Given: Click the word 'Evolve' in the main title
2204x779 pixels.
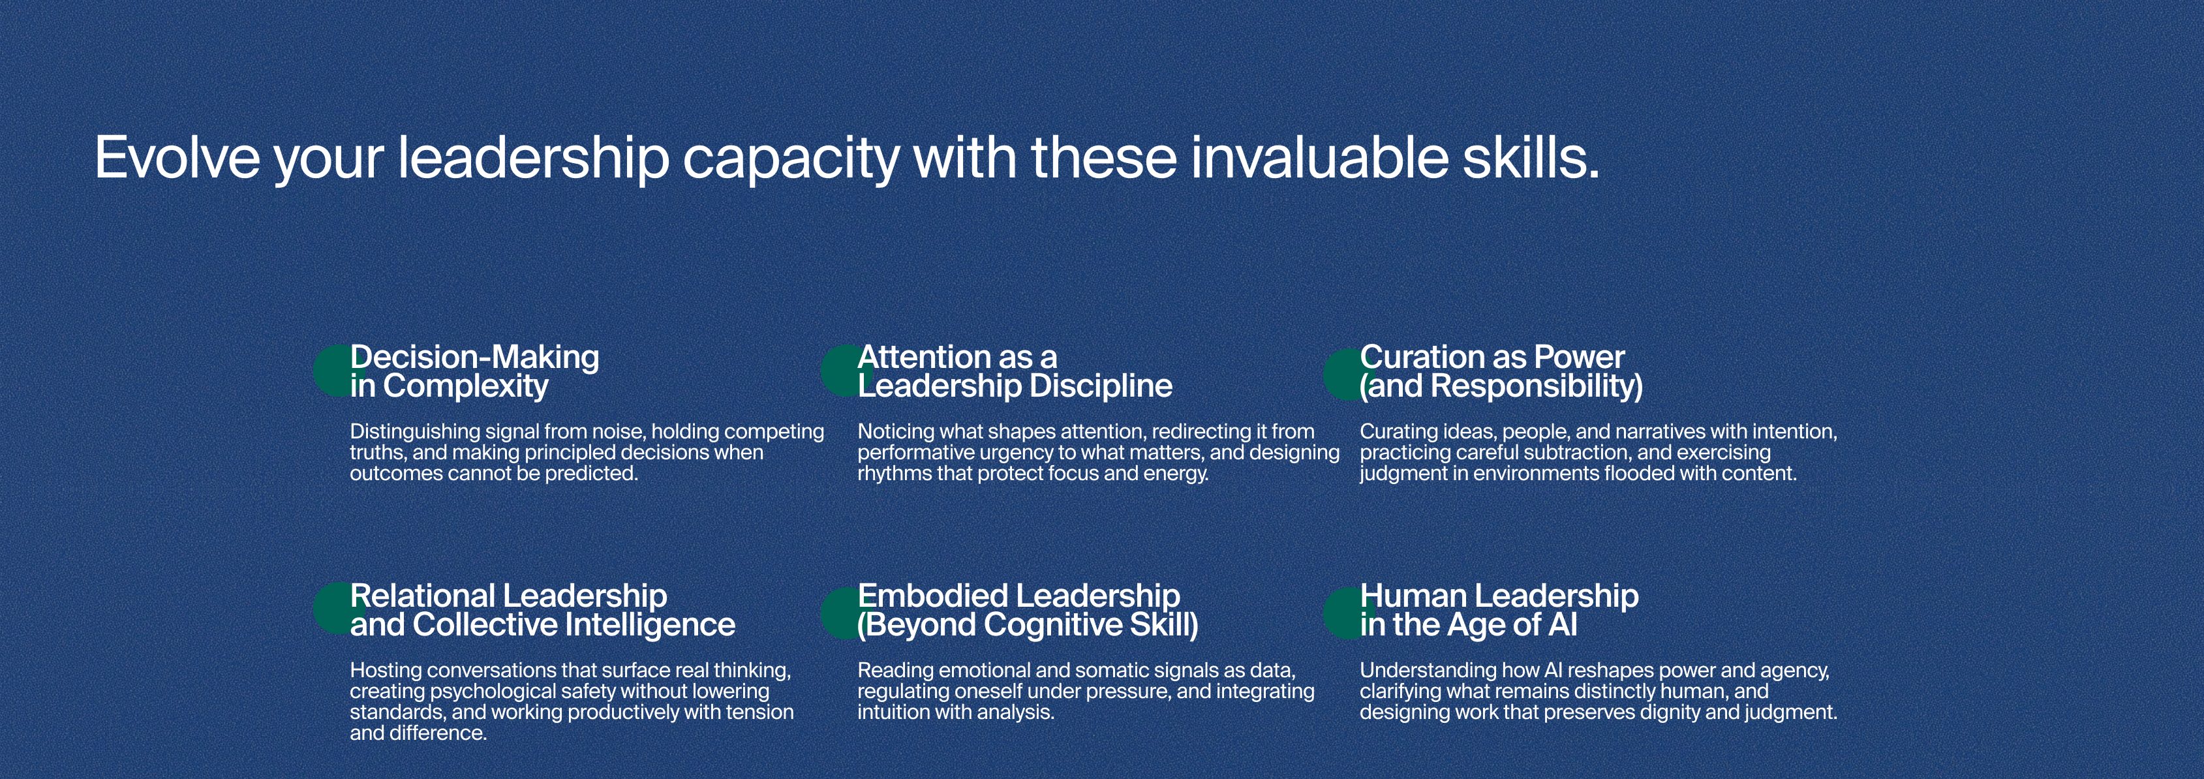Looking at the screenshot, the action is tap(177, 158).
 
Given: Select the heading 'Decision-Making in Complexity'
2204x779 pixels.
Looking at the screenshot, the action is tap(475, 371).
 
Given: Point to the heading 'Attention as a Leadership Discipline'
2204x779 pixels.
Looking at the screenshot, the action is tap(1015, 371).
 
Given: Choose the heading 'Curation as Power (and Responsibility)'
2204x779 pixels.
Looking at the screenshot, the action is tap(1501, 371).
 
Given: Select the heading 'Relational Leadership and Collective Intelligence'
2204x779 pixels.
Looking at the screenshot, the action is tap(542, 609).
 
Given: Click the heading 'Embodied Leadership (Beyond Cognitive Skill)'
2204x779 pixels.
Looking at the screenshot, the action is tap(1028, 609).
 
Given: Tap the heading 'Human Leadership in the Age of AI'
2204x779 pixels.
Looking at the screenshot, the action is tap(1499, 609).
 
